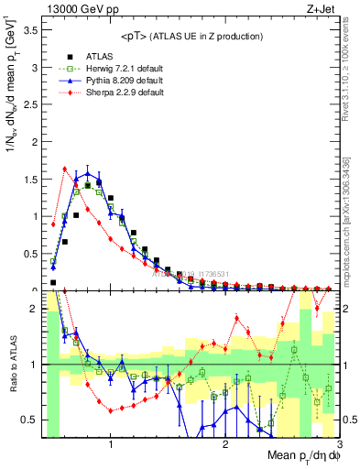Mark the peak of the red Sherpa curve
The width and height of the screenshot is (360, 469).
65,169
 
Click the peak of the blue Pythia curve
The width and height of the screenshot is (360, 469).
88,172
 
